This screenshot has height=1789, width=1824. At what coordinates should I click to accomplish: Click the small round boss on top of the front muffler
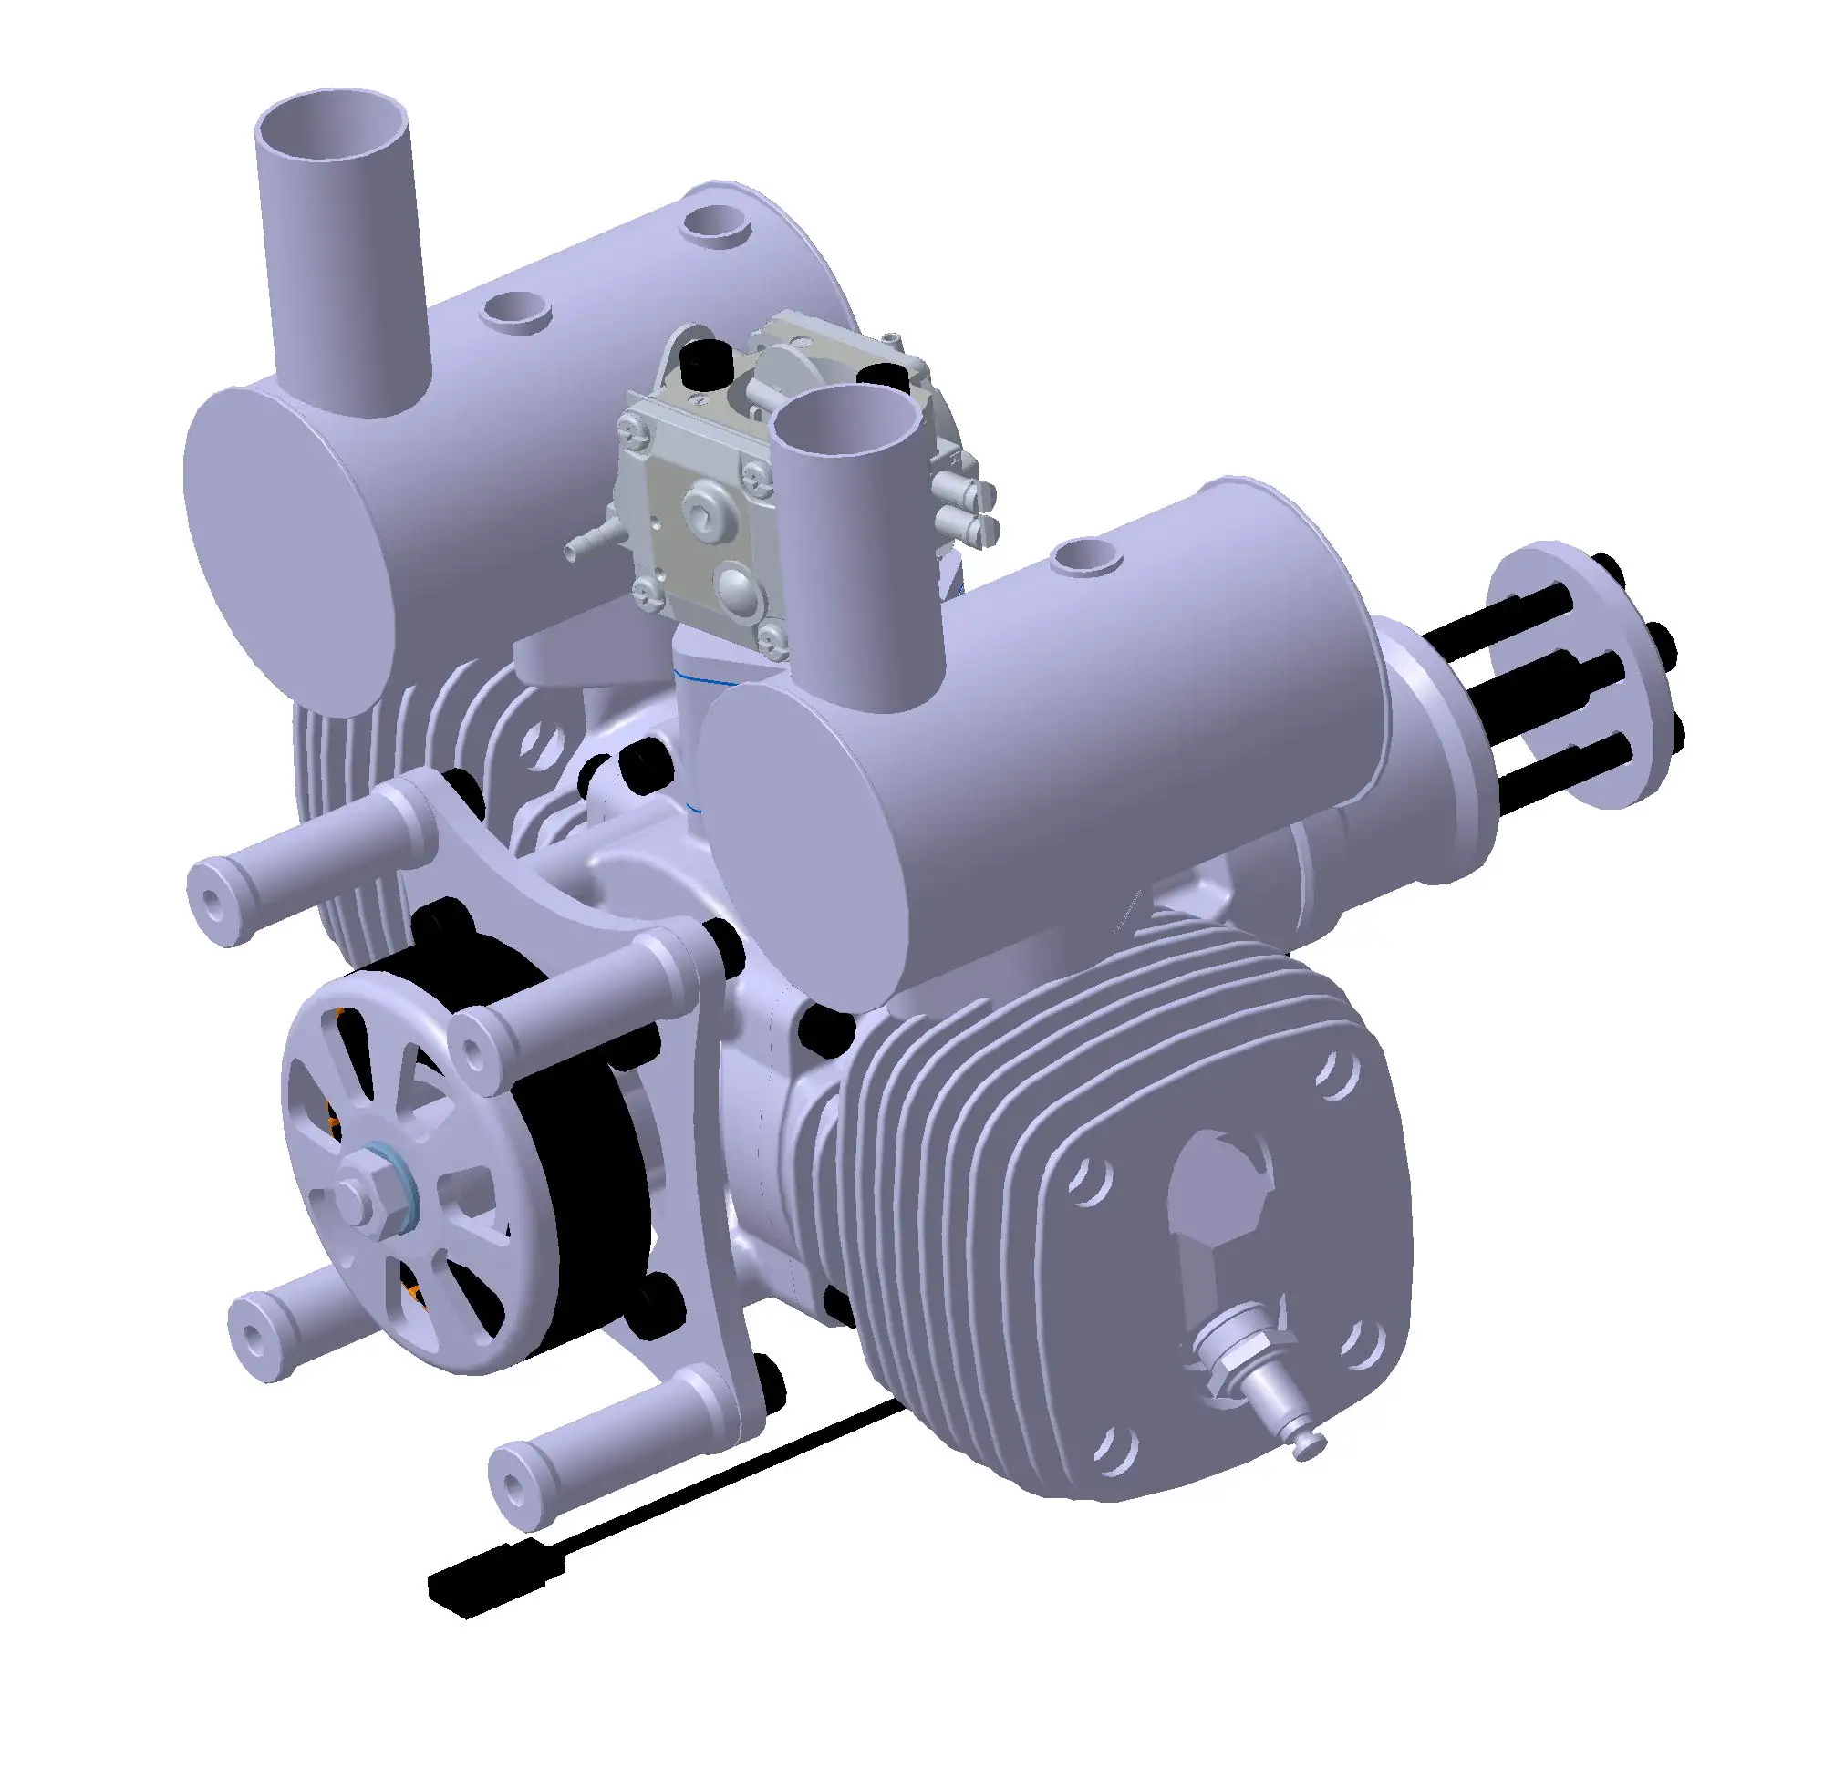pos(1088,556)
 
